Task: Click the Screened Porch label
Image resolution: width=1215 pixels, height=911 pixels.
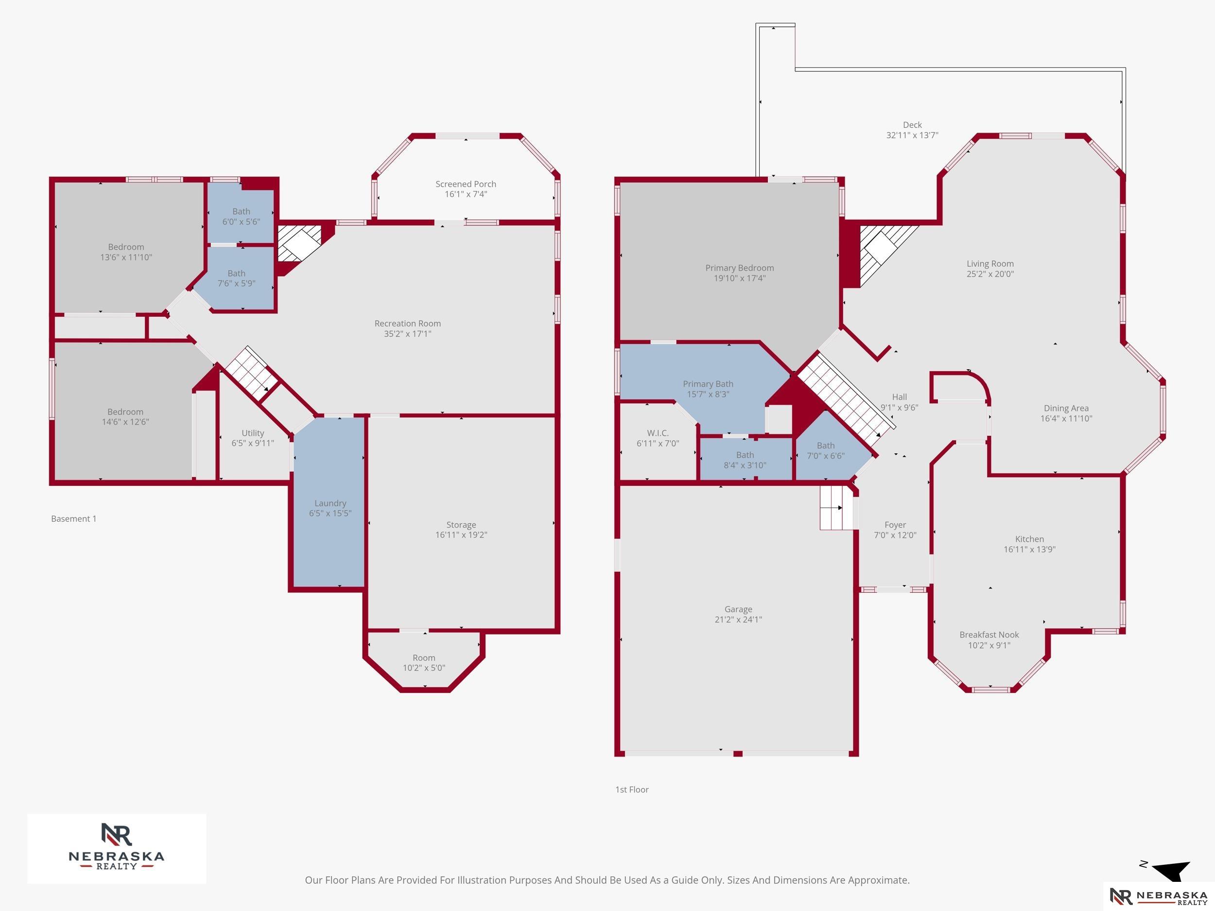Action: (x=466, y=184)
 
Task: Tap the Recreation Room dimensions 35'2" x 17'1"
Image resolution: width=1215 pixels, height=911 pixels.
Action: (x=408, y=334)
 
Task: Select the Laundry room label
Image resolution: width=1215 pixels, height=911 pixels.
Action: (x=330, y=503)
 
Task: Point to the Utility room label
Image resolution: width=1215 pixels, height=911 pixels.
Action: (x=253, y=433)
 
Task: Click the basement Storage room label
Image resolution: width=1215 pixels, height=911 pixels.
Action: (x=461, y=525)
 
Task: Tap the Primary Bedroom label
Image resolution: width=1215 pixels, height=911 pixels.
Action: (x=740, y=268)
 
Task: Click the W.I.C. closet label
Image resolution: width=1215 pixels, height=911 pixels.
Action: (x=658, y=433)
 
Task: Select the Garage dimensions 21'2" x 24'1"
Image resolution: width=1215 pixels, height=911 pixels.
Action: (x=738, y=619)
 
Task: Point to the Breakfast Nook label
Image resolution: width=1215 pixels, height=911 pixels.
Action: (x=989, y=635)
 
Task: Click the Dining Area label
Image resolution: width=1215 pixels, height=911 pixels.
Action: (x=1066, y=408)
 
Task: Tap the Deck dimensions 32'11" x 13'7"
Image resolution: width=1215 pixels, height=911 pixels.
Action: (x=912, y=135)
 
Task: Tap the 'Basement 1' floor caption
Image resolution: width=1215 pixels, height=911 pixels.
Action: (x=73, y=519)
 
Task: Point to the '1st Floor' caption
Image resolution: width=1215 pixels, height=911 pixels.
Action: (x=632, y=790)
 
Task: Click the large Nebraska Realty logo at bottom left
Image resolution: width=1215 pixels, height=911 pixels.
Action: (x=117, y=848)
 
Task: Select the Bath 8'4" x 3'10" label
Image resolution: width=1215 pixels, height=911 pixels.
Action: (x=745, y=460)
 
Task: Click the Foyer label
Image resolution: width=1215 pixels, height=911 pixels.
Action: (x=895, y=525)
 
